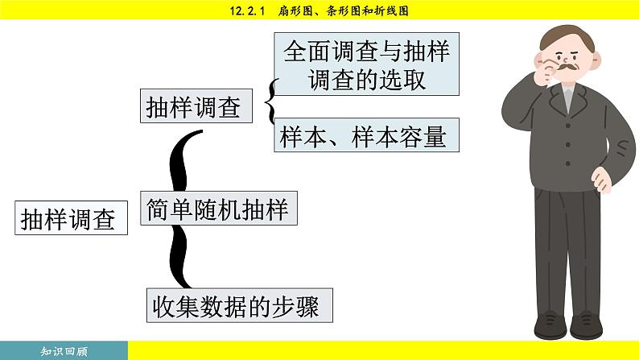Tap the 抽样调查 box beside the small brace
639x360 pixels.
196,107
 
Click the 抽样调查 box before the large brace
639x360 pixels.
72,218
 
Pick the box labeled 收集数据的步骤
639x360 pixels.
239,307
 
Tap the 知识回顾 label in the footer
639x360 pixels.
64,351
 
